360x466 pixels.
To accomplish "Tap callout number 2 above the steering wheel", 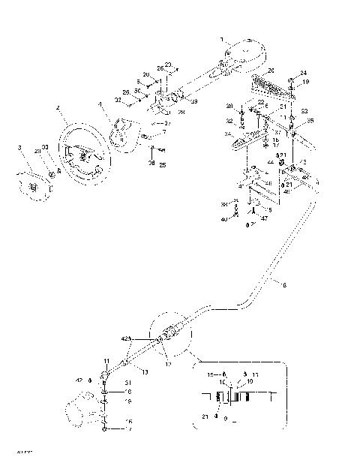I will click(57, 108).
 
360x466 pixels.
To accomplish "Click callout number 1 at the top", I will click(221, 38).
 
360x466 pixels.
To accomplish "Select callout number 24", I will click(304, 73).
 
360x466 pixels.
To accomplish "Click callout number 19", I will click(305, 81).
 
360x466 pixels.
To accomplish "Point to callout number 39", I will click(194, 101).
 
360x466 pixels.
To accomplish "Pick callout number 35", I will click(310, 120).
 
